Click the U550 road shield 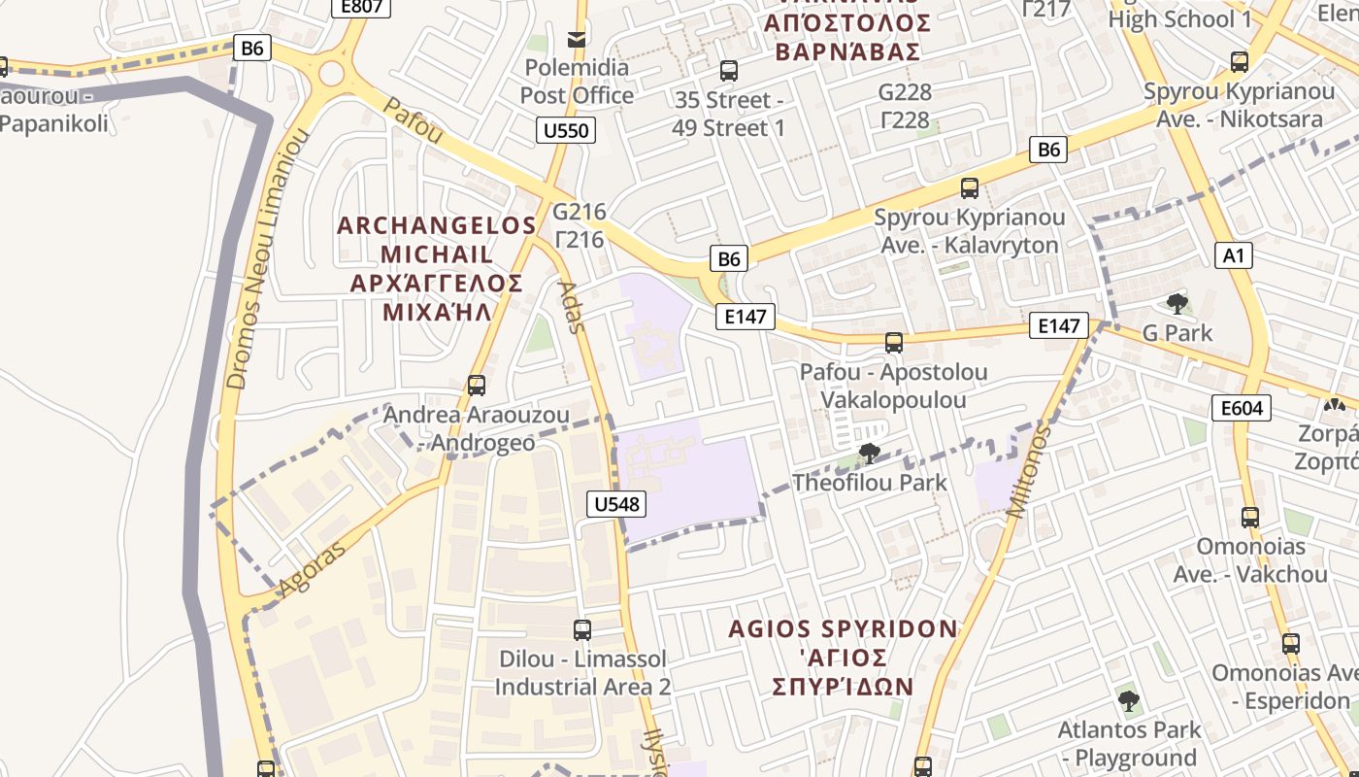click(567, 130)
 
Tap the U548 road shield click(616, 503)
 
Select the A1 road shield click(1233, 255)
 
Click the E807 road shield click(362, 7)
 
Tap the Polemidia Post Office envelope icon click(577, 39)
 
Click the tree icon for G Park click(1177, 304)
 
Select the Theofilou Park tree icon click(870, 453)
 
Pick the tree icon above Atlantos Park click(1128, 700)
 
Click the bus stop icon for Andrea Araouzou click(476, 386)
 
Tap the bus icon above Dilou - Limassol click(582, 629)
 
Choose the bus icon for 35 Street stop click(729, 71)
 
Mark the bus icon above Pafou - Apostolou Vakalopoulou click(894, 343)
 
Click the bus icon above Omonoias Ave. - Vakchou click(1250, 518)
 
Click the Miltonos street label click(1028, 472)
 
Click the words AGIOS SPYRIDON click(843, 629)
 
